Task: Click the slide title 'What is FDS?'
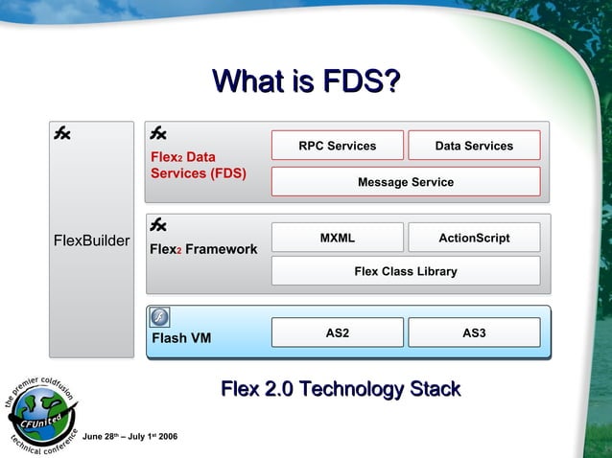click(306, 82)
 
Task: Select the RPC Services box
click(338, 146)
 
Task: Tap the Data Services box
click(474, 146)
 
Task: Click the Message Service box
click(406, 181)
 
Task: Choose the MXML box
click(338, 238)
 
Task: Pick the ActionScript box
click(474, 238)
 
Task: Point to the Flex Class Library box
click(406, 271)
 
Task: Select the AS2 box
click(338, 332)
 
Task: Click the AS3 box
click(474, 332)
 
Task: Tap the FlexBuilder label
click(92, 240)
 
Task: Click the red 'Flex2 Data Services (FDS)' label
click(198, 165)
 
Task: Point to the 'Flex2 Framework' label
click(203, 249)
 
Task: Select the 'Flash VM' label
click(180, 337)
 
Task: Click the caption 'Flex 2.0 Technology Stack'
click(341, 389)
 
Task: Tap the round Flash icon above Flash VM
click(160, 318)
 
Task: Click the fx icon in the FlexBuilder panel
click(61, 134)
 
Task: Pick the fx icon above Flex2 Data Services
click(158, 134)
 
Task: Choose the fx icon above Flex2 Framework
click(158, 225)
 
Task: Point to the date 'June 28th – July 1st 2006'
click(129, 437)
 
